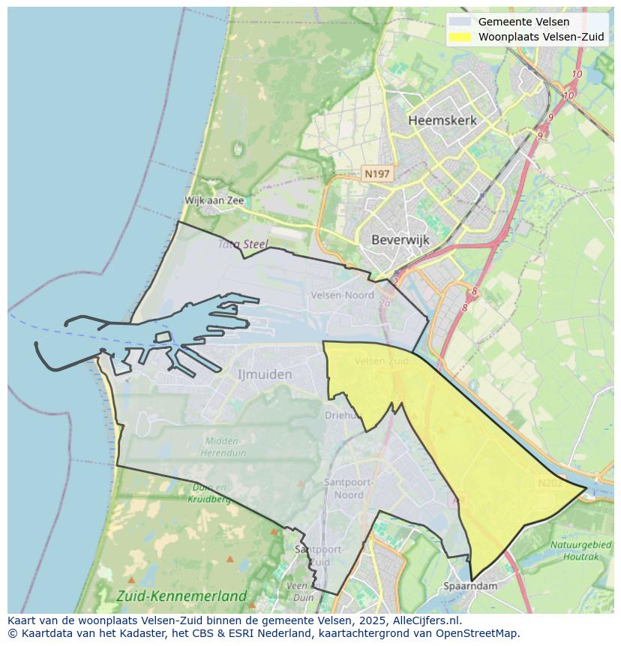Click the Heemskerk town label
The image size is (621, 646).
point(442,120)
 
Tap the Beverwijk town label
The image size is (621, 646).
point(400,240)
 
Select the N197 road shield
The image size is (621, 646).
point(376,174)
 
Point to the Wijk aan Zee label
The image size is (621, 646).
point(214,200)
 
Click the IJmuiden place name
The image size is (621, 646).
point(265,374)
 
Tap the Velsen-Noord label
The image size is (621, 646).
point(343,295)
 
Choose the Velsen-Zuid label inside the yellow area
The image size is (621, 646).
point(382,361)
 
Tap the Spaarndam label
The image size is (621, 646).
point(471,586)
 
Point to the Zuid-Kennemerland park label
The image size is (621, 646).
point(181,596)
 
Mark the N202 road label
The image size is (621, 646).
point(550,483)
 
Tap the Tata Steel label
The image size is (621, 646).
point(244,244)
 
